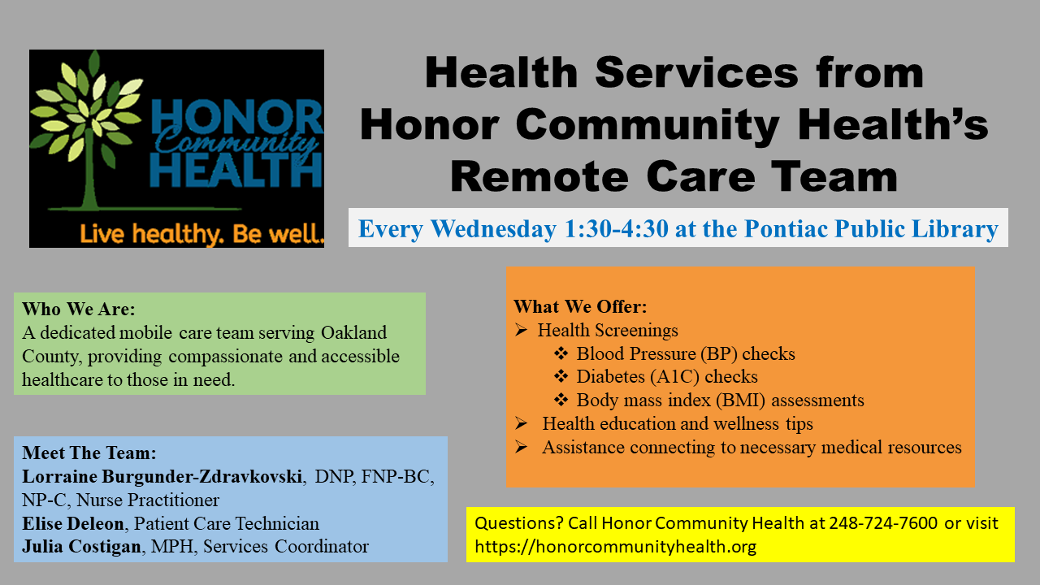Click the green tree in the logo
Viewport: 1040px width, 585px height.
coord(89,135)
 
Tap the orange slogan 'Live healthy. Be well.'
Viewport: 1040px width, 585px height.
coord(202,233)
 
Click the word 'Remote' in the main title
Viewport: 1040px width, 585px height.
coord(539,177)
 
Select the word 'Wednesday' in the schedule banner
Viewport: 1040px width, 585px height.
coord(493,228)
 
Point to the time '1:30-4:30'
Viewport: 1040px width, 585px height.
coord(616,228)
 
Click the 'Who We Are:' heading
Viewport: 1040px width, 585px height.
coord(79,309)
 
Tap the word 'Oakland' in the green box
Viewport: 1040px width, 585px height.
coord(353,332)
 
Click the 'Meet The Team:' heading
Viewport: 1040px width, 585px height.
coord(89,453)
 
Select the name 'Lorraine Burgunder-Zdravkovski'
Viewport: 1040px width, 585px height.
coord(162,476)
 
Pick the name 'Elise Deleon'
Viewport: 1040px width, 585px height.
coord(73,523)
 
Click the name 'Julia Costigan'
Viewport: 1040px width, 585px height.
coord(81,547)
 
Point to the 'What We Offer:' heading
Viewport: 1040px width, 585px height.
coord(580,306)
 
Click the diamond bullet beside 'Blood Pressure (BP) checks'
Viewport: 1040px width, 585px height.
coord(561,353)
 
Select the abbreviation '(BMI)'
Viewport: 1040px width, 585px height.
coord(740,401)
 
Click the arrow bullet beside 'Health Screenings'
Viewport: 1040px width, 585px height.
coord(521,330)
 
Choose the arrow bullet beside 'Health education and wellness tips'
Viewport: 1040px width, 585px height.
coord(521,423)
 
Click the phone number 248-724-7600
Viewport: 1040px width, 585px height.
coord(883,523)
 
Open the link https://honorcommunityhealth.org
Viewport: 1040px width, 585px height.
coord(615,547)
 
